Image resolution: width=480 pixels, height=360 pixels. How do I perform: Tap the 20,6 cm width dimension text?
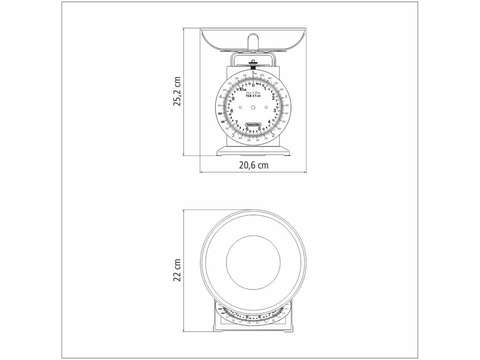(x=253, y=164)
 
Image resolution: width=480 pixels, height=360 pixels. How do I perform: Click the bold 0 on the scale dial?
(x=253, y=85)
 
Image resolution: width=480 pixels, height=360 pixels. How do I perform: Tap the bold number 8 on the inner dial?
(x=231, y=111)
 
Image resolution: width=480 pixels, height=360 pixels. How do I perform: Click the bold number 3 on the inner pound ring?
(x=274, y=110)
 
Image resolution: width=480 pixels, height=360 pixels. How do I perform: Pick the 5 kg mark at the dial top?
(x=254, y=73)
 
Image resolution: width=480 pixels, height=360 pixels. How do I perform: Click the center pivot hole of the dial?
(x=253, y=107)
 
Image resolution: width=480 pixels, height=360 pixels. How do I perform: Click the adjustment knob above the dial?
(x=253, y=63)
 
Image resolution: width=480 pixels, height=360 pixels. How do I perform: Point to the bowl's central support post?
(x=253, y=42)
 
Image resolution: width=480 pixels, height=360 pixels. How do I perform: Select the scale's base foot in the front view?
(x=253, y=151)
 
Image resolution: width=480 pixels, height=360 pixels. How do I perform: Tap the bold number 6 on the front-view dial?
(x=247, y=128)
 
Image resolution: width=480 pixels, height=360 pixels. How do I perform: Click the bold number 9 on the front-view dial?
(x=233, y=98)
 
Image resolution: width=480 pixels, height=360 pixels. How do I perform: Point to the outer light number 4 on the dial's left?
(x=220, y=97)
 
